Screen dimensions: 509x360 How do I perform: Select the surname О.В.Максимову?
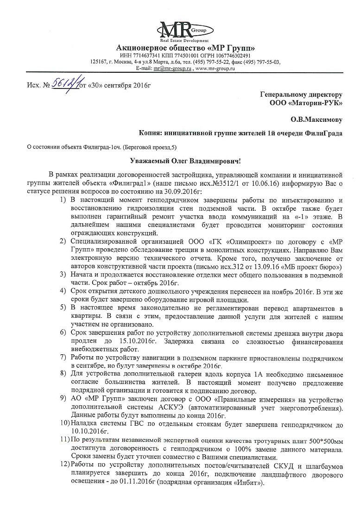click(316, 119)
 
